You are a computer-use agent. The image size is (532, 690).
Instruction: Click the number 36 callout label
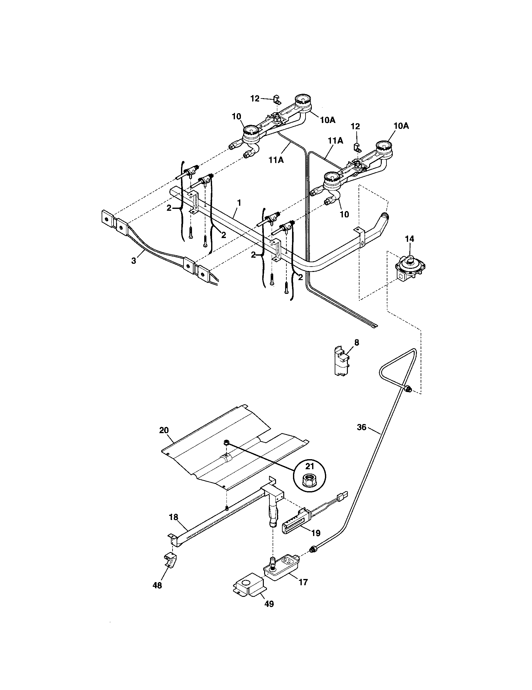tap(362, 427)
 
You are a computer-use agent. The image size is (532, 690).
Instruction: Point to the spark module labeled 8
tap(342, 361)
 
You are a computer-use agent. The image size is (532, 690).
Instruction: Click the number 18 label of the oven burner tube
tap(173, 517)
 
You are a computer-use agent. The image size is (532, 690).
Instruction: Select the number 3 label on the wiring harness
tap(134, 261)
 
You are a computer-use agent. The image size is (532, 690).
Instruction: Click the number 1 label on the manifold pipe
tap(239, 203)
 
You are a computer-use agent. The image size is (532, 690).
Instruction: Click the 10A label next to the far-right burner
tap(401, 126)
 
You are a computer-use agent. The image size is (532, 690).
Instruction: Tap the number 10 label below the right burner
tap(344, 214)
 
